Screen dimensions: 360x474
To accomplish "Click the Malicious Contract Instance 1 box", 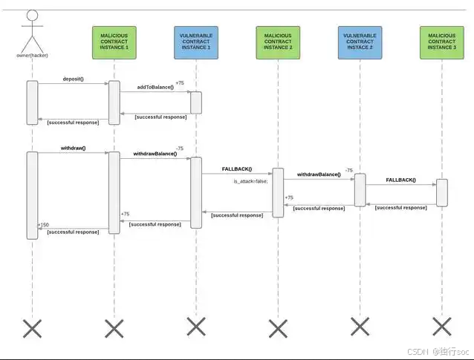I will click(114, 42).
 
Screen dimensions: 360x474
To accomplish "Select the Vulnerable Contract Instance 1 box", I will click(195, 42).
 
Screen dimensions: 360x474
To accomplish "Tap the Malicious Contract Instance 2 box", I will click(278, 42).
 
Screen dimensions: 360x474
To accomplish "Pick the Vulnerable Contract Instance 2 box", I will click(360, 42).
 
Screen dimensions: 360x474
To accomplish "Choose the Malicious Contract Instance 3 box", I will click(441, 42).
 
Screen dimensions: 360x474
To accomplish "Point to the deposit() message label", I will click(73, 79).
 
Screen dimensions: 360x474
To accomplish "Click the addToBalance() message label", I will click(155, 87).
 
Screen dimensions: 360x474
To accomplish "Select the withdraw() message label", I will click(73, 148).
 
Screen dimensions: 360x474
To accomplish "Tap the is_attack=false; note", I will click(250, 181).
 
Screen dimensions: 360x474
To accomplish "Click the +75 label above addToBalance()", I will click(180, 83).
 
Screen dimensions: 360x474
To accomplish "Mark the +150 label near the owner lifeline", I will click(43, 224).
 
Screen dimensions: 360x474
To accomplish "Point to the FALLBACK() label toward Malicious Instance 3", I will click(400, 180).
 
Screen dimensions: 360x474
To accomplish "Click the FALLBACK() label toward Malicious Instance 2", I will click(236, 169).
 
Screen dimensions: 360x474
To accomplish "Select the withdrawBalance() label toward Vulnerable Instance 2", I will click(319, 174).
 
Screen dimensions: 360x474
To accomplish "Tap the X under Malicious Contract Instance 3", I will click(441, 327).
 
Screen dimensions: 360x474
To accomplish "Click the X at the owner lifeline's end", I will click(32, 327).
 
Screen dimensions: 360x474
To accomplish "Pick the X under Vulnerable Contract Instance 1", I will click(195, 327).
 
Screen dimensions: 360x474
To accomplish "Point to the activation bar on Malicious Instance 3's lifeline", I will click(441, 192).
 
